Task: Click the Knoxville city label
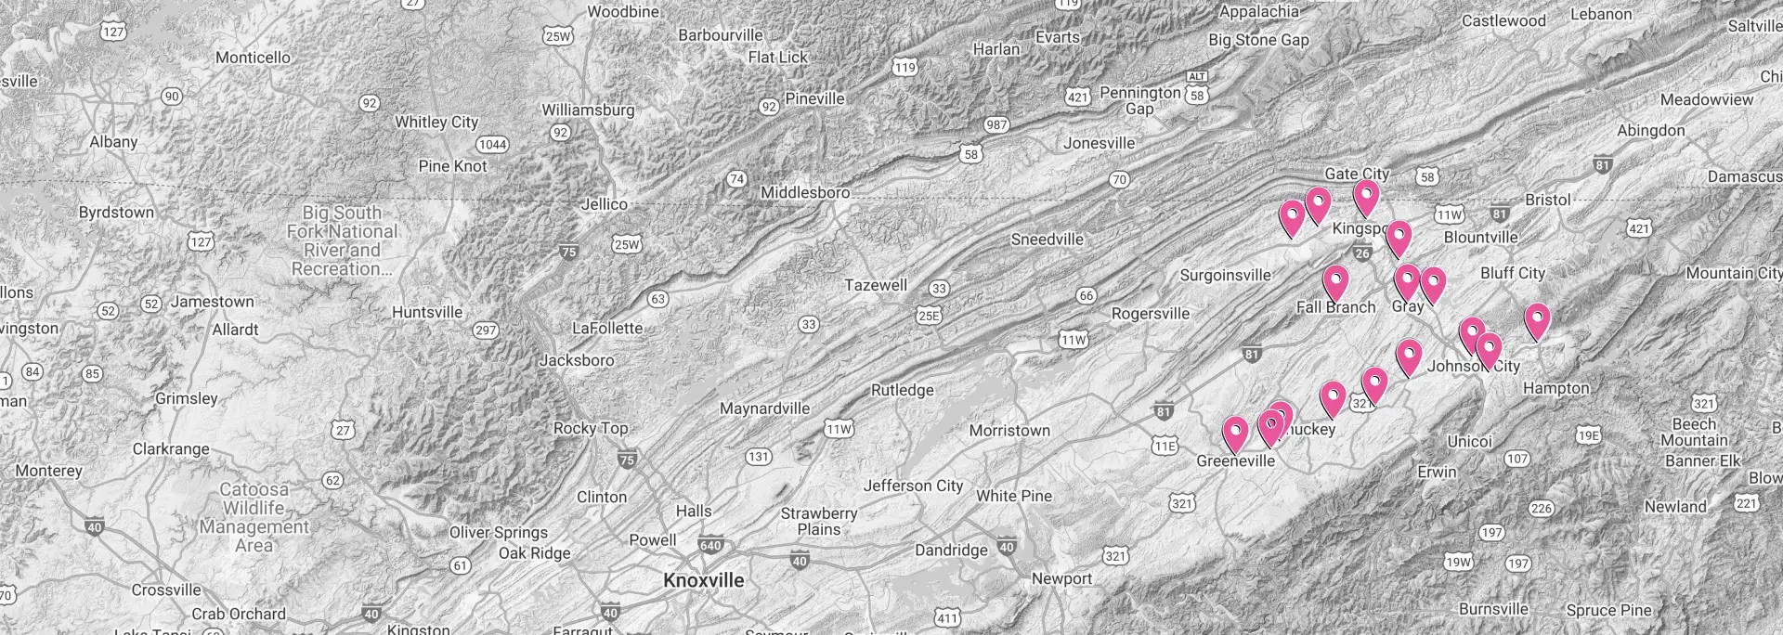point(704,581)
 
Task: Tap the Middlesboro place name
point(805,193)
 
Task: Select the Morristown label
point(1009,431)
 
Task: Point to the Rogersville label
point(1151,314)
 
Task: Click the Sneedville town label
point(1047,240)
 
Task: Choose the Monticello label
point(253,58)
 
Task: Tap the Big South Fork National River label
point(343,240)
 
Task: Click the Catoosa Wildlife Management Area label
point(254,517)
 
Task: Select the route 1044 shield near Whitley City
point(492,144)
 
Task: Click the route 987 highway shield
point(996,125)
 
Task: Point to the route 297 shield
point(486,330)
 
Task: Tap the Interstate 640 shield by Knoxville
point(710,546)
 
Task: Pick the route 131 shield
point(759,457)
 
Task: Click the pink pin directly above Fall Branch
point(1335,281)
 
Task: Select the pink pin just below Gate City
point(1366,197)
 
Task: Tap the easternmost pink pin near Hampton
point(1537,319)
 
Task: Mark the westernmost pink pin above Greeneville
point(1235,433)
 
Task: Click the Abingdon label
point(1650,131)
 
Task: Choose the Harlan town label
point(996,49)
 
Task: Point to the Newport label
point(1061,579)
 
